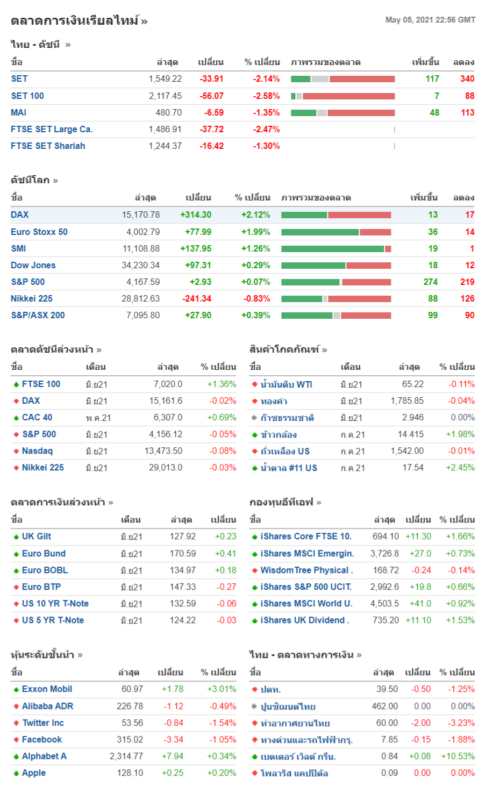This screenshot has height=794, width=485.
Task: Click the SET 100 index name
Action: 27,96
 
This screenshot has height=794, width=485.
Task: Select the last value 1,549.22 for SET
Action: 165,79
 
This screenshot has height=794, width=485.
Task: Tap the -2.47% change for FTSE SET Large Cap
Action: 266,129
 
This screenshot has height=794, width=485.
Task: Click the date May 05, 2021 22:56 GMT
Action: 430,20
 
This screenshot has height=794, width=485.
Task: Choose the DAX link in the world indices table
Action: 20,214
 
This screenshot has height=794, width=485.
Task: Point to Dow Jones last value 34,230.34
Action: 141,265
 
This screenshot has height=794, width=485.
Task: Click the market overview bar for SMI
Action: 336,248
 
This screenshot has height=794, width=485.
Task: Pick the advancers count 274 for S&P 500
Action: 431,282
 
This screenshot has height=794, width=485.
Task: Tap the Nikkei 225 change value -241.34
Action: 197,298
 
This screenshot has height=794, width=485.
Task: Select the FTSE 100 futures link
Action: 41,384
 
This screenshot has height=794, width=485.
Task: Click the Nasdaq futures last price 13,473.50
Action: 163,451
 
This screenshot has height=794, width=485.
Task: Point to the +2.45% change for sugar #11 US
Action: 460,468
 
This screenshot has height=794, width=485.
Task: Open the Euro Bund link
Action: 44,553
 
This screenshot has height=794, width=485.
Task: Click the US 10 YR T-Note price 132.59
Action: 183,604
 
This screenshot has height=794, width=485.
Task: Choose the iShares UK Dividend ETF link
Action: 304,620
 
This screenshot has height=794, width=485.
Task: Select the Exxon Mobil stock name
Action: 47,689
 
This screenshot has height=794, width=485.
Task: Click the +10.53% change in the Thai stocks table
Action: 458,756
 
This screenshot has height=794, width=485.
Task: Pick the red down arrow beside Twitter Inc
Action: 16,723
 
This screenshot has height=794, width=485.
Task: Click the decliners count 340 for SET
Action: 467,79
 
